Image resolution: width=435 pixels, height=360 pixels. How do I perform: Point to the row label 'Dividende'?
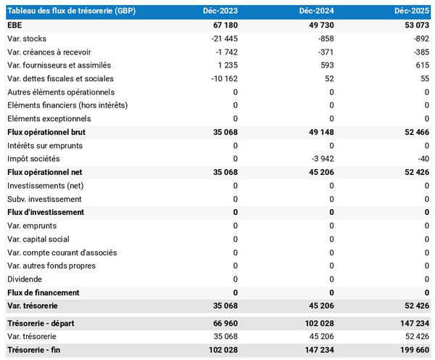[x=25, y=279]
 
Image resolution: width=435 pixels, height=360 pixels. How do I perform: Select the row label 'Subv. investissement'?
[x=44, y=199]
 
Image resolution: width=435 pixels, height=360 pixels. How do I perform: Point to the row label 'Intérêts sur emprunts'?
[x=45, y=145]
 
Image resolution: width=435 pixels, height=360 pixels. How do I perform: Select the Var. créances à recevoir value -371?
[x=325, y=52]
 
